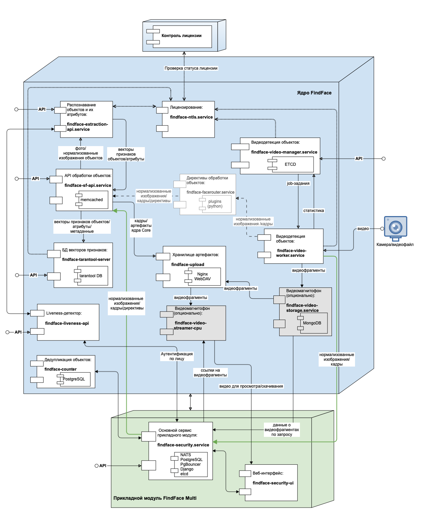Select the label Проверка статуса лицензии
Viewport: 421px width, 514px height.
click(191, 68)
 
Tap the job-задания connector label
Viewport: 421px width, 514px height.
click(298, 183)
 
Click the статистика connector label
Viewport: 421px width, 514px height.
click(314, 211)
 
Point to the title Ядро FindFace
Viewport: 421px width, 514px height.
click(314, 93)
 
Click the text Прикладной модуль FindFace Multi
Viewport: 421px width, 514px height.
click(155, 498)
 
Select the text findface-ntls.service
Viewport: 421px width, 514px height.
click(191, 117)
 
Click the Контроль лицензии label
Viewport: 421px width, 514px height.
click(181, 36)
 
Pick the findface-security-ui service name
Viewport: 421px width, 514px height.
click(273, 483)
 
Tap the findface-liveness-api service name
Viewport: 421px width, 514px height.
click(67, 323)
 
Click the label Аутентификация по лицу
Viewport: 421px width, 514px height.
click(176, 356)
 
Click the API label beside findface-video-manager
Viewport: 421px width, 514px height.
click(359, 159)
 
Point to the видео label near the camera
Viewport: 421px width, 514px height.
click(363, 229)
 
